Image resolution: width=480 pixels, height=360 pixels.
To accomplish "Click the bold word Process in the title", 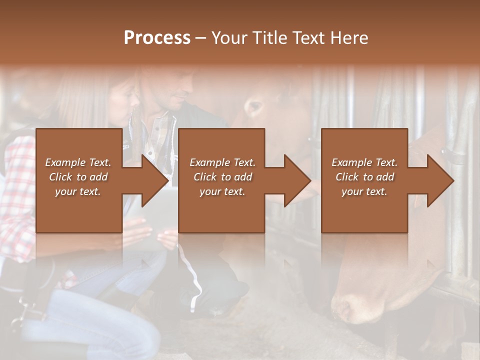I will pyautogui.click(x=157, y=38).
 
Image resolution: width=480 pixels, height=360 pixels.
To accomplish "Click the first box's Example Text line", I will pyautogui.click(x=78, y=162).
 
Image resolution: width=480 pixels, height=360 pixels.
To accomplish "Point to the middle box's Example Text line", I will pyautogui.click(x=222, y=162).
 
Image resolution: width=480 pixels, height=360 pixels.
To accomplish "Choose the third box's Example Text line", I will pyautogui.click(x=364, y=162).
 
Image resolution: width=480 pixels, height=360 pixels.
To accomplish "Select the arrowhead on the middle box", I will pyautogui.click(x=296, y=180).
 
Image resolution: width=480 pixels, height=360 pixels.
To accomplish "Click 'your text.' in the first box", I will pyautogui.click(x=78, y=191).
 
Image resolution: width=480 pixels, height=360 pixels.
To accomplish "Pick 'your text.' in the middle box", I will pyautogui.click(x=222, y=191).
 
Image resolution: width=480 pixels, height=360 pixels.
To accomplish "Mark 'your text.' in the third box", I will pyautogui.click(x=364, y=191).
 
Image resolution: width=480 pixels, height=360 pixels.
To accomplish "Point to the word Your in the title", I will pyautogui.click(x=228, y=38).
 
